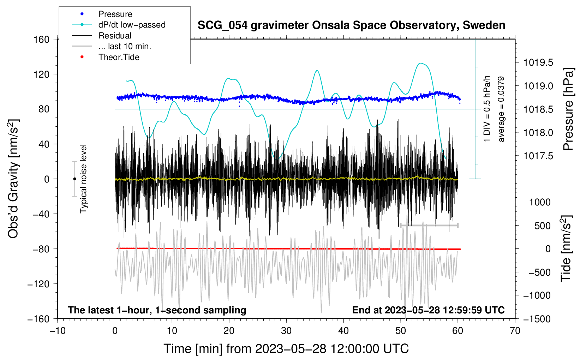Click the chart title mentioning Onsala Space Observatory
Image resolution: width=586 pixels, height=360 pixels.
pos(351,25)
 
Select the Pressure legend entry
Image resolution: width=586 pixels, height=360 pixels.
pos(115,14)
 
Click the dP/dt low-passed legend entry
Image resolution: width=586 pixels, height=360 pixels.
pos(132,25)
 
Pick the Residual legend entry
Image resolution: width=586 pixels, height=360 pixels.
pos(115,36)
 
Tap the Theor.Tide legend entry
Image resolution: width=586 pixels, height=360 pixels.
pos(119,57)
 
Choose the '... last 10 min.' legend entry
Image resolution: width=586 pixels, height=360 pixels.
pos(125,46)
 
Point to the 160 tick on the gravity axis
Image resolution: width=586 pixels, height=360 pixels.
pos(42,39)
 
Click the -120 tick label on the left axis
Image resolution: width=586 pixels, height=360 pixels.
pos(38,284)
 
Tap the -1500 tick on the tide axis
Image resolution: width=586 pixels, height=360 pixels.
pos(537,319)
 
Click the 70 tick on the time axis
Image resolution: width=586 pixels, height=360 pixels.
pos(515,331)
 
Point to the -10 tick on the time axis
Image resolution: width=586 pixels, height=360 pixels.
pos(58,331)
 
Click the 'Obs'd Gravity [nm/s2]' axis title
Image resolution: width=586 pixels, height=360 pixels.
pos(13,179)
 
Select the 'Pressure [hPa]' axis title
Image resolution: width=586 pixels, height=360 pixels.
pos(568,109)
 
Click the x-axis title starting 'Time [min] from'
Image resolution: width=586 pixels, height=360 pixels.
pos(286,349)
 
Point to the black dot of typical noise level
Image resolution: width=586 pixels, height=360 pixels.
pos(74,179)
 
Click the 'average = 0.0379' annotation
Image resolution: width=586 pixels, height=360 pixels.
pos(501,109)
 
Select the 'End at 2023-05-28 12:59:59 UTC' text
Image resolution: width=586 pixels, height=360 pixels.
pos(428,310)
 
